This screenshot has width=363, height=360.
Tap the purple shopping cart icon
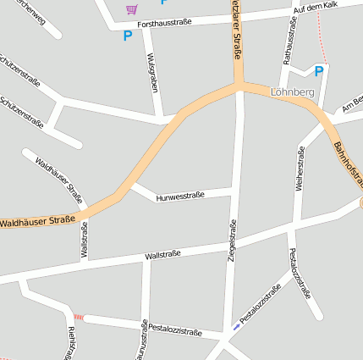click(x=131, y=9)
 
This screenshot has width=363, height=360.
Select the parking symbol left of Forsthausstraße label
click(x=128, y=36)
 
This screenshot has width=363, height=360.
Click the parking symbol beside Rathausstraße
click(x=319, y=72)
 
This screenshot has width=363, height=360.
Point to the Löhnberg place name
click(x=292, y=91)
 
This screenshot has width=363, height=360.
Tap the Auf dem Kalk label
click(x=315, y=8)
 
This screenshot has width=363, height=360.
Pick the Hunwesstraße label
click(x=180, y=197)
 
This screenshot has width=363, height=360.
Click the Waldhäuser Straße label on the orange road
click(x=36, y=223)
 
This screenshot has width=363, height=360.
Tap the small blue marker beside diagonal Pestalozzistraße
click(x=235, y=326)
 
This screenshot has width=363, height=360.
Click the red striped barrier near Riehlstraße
click(x=78, y=316)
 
